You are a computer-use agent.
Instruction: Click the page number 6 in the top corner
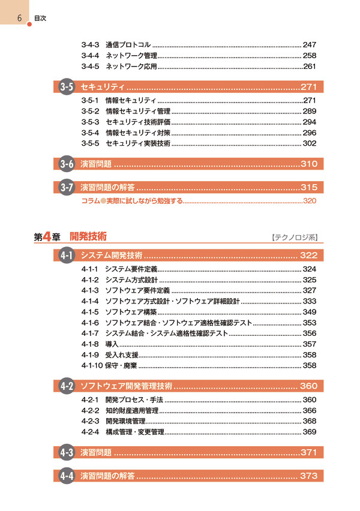coord(19,17)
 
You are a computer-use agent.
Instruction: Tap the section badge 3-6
coord(67,164)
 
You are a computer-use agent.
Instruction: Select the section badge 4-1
coord(67,256)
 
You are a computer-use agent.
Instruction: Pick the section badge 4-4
coord(67,476)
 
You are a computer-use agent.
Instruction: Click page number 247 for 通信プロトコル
coord(309,45)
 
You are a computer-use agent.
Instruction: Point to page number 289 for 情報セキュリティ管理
coord(309,111)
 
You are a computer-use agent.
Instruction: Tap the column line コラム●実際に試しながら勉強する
coord(131,201)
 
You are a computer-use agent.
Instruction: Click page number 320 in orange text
coord(310,201)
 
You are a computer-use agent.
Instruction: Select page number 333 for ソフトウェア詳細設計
coord(309,301)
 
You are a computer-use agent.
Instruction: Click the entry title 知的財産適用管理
coord(131,411)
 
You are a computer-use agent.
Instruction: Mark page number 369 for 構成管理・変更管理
coord(309,432)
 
